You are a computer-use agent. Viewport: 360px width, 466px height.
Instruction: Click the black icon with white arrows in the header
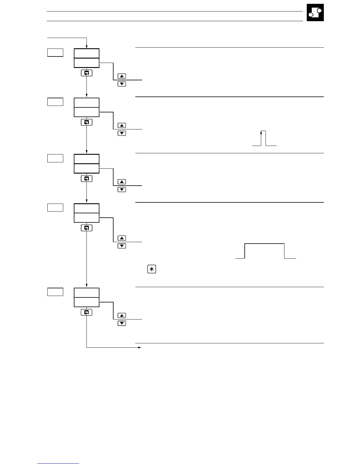[315, 12]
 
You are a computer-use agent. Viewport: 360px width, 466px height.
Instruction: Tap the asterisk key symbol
[151, 269]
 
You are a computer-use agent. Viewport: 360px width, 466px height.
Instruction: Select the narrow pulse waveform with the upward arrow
[264, 138]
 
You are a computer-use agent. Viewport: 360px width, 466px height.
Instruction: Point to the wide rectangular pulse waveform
[265, 251]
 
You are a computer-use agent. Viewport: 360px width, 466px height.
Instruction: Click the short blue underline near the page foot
[58, 464]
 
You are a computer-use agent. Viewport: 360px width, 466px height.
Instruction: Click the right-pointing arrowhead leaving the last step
[140, 347]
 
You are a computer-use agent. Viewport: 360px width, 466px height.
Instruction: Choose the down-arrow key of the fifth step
[122, 323]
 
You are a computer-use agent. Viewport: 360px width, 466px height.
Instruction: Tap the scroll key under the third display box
[86, 179]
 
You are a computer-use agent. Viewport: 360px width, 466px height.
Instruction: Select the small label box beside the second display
[55, 102]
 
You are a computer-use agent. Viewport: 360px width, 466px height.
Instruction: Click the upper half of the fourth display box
[86, 208]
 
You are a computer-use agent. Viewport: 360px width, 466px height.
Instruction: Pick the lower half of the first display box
[86, 63]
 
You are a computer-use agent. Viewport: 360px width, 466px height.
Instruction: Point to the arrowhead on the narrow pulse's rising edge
[261, 133]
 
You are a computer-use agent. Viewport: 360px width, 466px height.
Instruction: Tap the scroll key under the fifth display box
[86, 312]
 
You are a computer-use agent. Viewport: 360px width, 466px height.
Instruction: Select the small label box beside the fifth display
[55, 292]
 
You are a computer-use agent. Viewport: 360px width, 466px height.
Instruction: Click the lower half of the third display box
[86, 169]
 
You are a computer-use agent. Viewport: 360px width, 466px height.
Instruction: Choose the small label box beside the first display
[55, 53]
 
